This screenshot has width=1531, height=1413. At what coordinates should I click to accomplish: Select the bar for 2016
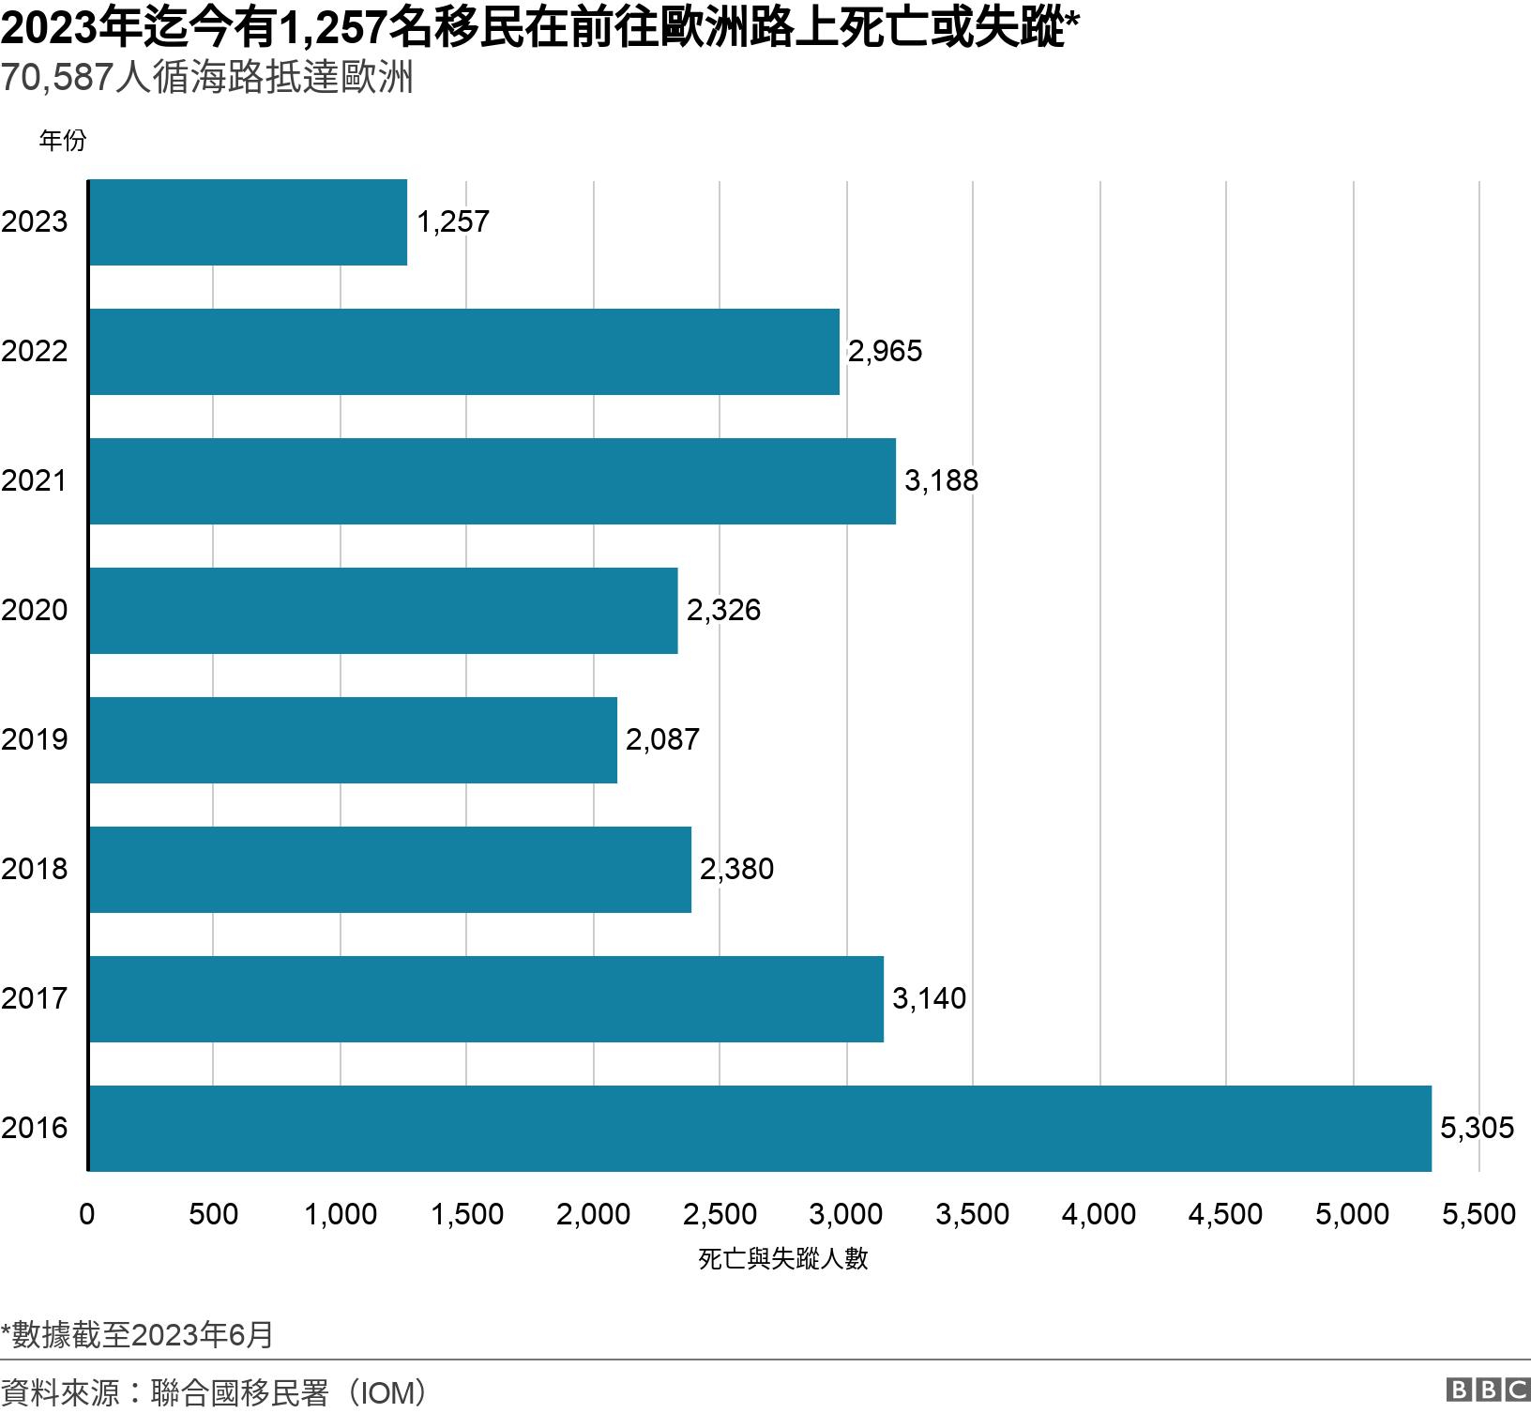coord(760,1128)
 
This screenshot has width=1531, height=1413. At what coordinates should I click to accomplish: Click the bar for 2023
coord(249,222)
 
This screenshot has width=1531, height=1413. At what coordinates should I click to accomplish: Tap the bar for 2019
coord(354,739)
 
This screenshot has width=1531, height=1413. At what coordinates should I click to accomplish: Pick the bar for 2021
coord(493,480)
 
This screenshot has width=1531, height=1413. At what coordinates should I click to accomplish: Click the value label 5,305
coord(1477,1128)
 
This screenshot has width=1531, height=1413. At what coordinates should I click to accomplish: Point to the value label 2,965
coord(885,351)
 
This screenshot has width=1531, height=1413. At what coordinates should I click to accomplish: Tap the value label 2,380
coord(736,869)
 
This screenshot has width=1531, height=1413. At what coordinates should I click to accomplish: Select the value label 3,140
coord(929,998)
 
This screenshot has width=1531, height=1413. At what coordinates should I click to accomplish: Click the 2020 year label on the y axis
coord(35,610)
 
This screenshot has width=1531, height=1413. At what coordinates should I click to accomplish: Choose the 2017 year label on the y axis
coord(35,998)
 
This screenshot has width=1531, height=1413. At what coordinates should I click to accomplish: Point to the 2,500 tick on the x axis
coord(720,1214)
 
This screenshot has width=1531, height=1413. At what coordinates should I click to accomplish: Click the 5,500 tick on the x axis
coord(1478,1214)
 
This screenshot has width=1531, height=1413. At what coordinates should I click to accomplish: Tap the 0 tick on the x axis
coord(87,1214)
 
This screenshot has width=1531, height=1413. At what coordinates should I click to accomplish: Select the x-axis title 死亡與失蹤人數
coord(782,1259)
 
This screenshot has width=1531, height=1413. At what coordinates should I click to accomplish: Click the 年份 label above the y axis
coord(62,141)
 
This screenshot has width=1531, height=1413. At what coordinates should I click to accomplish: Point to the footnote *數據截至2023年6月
coord(137,1334)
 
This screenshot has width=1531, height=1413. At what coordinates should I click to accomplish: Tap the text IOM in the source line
coord(387,1392)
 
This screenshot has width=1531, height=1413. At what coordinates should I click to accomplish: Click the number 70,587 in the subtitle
coord(56,78)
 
